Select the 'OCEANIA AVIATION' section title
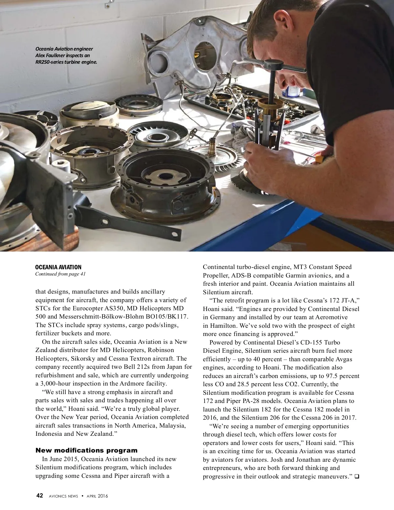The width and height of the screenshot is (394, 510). click(58, 267)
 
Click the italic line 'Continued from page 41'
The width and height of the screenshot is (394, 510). click(60, 274)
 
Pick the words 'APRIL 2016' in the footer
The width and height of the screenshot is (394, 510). click(97, 496)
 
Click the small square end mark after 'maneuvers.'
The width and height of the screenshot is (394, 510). click(357, 476)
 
